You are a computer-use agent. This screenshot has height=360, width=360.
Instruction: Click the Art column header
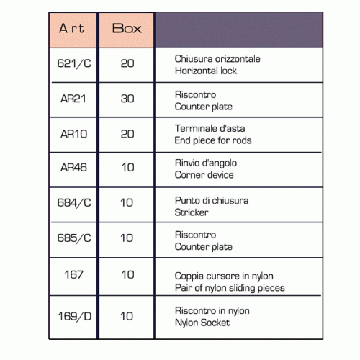tap(71, 28)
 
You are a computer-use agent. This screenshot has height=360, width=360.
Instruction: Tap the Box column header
tap(127, 28)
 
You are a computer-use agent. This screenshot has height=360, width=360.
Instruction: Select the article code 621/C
tap(74, 63)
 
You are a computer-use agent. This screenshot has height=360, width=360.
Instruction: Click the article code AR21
tap(73, 99)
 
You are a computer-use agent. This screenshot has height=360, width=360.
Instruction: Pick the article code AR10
tap(73, 134)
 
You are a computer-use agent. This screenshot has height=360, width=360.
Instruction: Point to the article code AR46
tap(73, 167)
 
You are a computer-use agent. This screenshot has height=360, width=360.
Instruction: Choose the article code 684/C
tap(74, 203)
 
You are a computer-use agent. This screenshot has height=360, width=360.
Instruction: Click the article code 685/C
tap(74, 238)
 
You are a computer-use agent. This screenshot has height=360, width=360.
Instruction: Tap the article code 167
tap(73, 274)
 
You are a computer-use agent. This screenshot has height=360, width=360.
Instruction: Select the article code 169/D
tap(75, 316)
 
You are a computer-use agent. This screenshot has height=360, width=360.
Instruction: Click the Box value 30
tap(127, 99)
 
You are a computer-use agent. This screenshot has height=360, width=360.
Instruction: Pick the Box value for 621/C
tap(127, 63)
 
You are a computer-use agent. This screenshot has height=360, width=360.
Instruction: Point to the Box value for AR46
tap(127, 167)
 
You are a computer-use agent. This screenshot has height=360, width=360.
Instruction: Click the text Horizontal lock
tap(206, 71)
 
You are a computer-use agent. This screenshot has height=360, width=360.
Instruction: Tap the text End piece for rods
tap(213, 140)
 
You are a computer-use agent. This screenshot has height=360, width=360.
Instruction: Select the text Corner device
tap(204, 175)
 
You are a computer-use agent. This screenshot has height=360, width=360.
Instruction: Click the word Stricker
tap(192, 212)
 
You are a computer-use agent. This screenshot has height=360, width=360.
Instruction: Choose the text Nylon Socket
tap(202, 323)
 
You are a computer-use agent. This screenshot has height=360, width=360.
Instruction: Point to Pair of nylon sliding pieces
tap(230, 288)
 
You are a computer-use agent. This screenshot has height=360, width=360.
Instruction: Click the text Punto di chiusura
tap(212, 201)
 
